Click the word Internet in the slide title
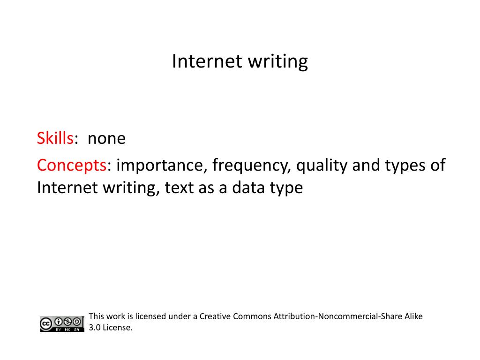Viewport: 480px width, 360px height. (x=207, y=61)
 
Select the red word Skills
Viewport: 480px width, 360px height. (x=55, y=138)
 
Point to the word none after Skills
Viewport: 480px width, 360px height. (x=106, y=139)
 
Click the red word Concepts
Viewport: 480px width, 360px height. (x=72, y=165)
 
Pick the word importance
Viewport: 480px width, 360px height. (x=160, y=165)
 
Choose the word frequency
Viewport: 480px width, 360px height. (x=251, y=165)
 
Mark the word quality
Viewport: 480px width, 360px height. (x=322, y=165)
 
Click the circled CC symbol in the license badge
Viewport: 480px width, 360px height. (x=46, y=324)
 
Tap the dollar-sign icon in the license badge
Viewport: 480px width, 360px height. (x=67, y=322)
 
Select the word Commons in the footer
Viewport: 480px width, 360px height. (x=252, y=316)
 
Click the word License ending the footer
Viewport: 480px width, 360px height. (x=118, y=328)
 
